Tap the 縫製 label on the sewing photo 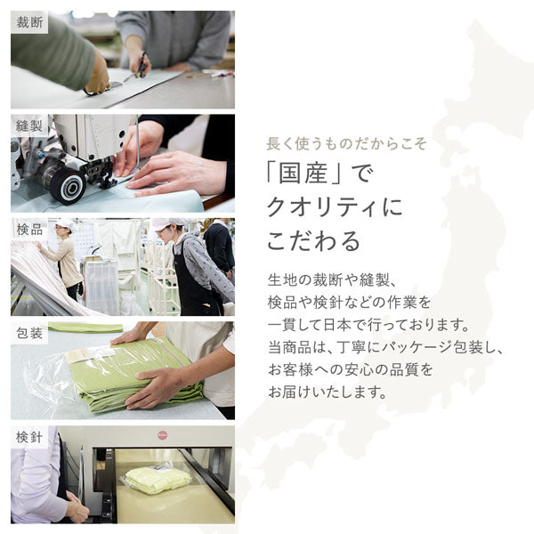[29, 126]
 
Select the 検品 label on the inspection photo [29, 230]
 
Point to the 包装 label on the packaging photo [29, 334]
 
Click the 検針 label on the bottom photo [29, 437]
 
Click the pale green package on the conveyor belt [158, 480]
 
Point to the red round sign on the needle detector [162, 436]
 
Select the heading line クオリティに [334, 207]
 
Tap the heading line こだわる [313, 241]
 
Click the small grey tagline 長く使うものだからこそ [347, 143]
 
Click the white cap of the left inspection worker [65, 223]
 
